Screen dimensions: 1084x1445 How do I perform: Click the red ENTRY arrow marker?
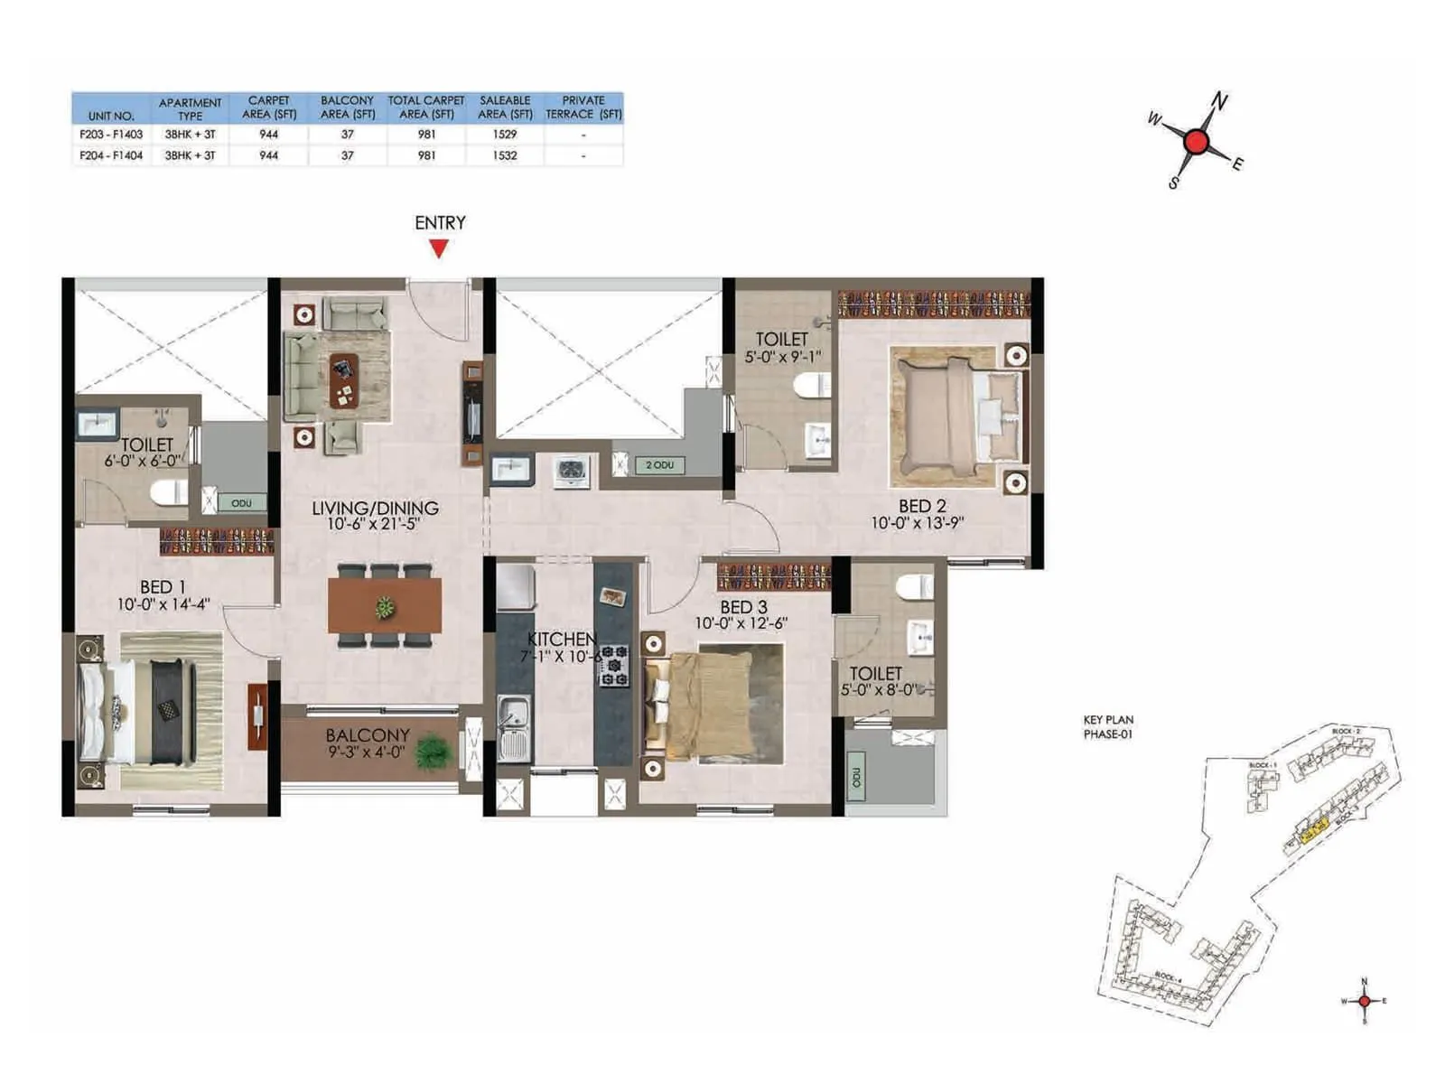[x=439, y=248]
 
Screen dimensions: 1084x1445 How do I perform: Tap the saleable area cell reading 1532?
[x=505, y=155]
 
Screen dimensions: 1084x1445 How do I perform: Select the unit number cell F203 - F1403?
[x=111, y=134]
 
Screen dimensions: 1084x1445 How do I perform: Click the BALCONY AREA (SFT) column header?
[x=348, y=107]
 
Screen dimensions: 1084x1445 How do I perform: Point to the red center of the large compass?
[x=1196, y=142]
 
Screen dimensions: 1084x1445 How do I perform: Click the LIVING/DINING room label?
[x=375, y=508]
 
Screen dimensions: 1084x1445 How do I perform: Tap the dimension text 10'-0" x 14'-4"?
[x=163, y=604]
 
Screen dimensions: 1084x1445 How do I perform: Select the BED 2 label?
[x=921, y=506]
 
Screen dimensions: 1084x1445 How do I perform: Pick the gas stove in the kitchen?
[x=614, y=666]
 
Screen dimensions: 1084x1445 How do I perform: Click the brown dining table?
[x=385, y=605]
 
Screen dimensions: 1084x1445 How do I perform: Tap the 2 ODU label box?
[x=659, y=465]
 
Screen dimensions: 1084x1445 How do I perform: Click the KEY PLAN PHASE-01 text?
[x=1108, y=727]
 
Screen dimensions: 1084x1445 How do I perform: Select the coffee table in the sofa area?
[x=343, y=379]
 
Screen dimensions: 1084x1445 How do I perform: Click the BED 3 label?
[x=743, y=607]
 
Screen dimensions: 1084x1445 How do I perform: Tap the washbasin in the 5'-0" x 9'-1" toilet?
[x=819, y=440]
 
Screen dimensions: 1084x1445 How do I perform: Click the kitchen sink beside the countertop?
[x=514, y=728]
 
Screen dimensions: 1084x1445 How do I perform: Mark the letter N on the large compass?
[x=1219, y=101]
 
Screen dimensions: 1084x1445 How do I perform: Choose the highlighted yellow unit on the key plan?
[x=1314, y=826]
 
